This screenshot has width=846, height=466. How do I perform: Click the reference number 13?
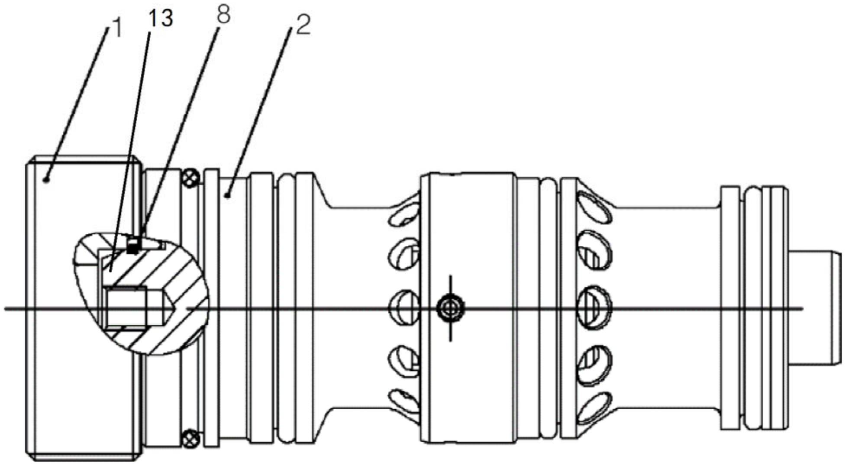click(160, 19)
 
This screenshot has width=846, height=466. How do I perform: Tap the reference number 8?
click(223, 15)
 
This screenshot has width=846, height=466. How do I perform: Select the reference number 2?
click(303, 25)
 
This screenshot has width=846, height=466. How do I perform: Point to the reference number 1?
click(116, 28)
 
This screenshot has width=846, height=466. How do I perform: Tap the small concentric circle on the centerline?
click(450, 308)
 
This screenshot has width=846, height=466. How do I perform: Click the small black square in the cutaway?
click(133, 247)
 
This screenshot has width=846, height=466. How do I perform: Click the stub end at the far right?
click(814, 308)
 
